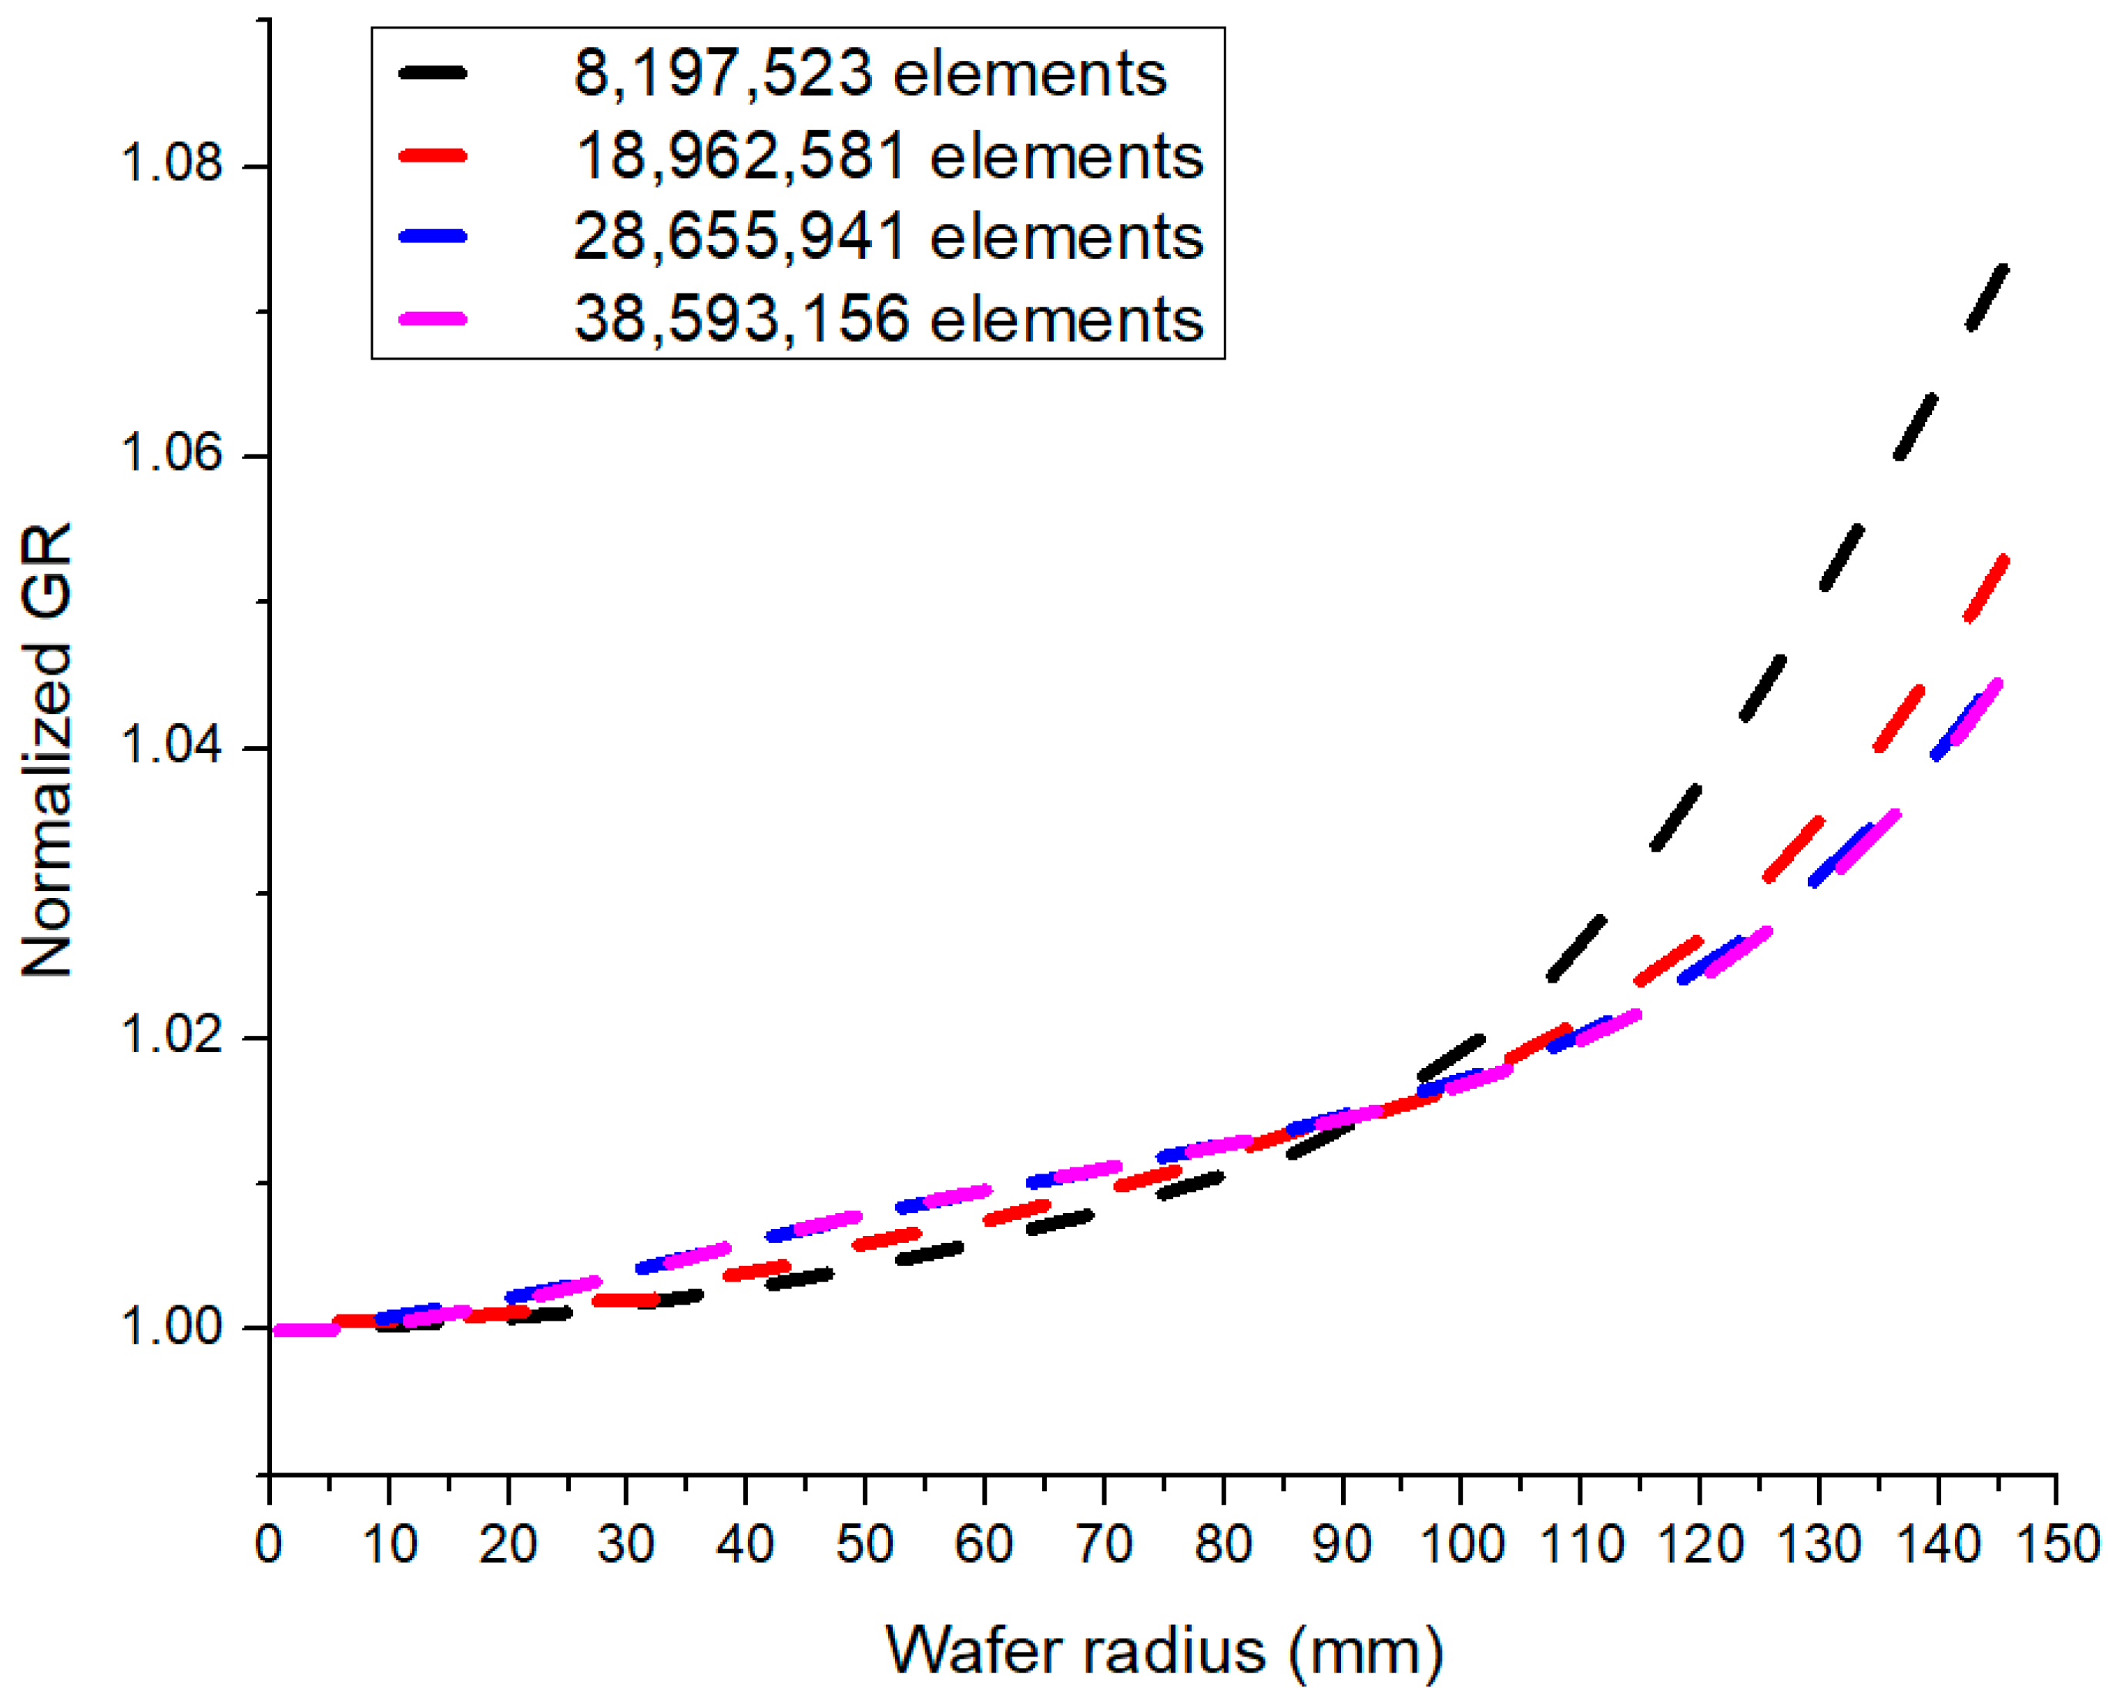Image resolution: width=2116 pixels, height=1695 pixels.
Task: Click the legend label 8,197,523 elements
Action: click(x=870, y=74)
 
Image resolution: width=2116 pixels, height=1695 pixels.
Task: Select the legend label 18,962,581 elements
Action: click(x=889, y=156)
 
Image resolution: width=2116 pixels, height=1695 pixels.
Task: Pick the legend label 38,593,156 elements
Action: click(x=888, y=319)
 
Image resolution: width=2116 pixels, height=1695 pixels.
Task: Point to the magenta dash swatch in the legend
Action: click(x=433, y=319)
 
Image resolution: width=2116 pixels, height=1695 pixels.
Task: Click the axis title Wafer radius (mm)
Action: click(x=1164, y=1650)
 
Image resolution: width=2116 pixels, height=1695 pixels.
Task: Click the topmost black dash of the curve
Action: click(x=1987, y=296)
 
